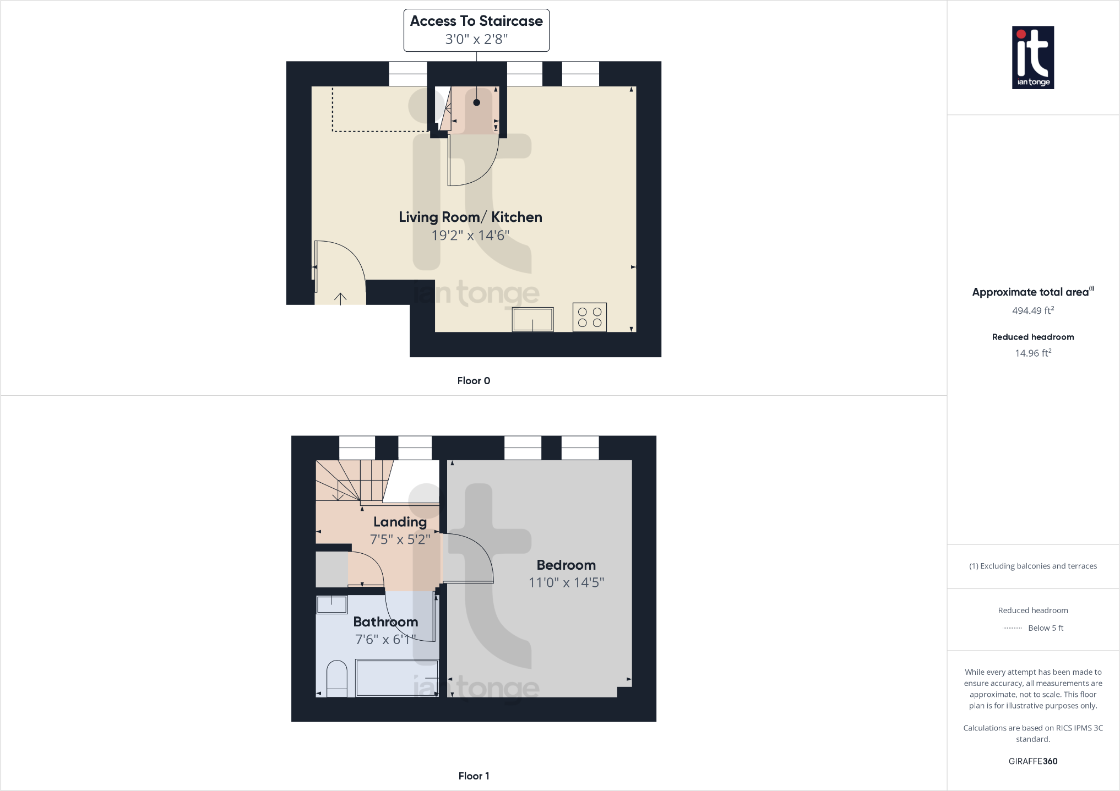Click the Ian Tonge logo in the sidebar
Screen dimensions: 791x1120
(1032, 57)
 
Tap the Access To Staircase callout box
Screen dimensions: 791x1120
(476, 30)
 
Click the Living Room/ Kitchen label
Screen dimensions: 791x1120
(470, 217)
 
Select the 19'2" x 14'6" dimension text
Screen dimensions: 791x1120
(470, 236)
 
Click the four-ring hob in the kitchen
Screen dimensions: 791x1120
(589, 317)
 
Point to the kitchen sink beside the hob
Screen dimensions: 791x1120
(532, 319)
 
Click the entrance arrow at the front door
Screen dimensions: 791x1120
(340, 298)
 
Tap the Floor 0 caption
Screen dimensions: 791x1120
(474, 381)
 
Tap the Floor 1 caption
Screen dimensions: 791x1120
(474, 776)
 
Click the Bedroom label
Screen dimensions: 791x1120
(566, 565)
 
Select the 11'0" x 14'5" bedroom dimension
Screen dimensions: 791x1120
(566, 582)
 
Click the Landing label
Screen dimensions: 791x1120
(400, 522)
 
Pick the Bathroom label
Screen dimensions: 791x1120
(385, 622)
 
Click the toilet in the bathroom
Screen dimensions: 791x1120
(336, 679)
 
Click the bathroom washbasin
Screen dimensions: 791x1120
(331, 604)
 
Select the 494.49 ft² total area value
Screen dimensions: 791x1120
(1032, 310)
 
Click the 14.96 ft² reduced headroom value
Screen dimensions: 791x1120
(1032, 353)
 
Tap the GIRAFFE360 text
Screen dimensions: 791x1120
(1032, 761)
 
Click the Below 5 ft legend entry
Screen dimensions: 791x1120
(1045, 628)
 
